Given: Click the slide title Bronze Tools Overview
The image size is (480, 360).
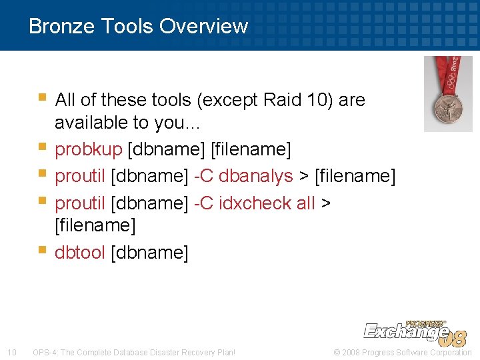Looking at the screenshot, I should (138, 26).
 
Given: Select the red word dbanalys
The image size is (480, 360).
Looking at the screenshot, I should (255, 176).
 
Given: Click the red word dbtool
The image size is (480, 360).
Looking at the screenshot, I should (80, 253).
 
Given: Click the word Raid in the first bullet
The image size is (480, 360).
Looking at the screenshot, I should (283, 100).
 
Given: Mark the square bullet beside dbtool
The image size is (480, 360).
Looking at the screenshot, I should (42, 251).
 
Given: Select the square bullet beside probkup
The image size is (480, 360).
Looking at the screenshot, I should (42, 148).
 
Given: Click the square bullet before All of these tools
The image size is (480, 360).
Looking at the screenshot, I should (42, 99).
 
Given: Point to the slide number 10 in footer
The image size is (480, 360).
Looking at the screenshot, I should (11, 352).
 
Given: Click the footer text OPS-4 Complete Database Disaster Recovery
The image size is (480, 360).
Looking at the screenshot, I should (134, 352).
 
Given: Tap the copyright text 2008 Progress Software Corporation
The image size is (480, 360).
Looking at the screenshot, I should (405, 352).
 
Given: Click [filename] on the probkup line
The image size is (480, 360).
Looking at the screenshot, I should (251, 149).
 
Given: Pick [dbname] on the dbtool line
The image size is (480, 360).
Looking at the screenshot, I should (149, 253).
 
